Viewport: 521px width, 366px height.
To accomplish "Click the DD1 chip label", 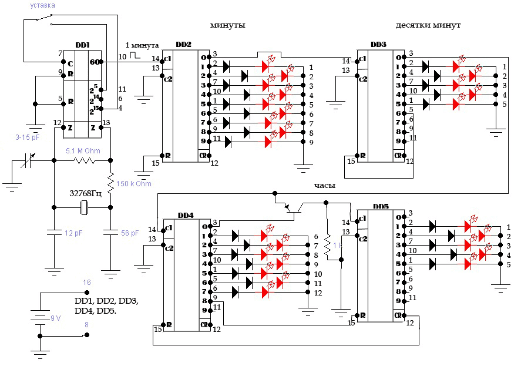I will coord(82,45).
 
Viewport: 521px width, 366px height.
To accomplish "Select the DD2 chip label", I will coord(183,45).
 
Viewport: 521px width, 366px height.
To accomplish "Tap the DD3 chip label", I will coord(378,45).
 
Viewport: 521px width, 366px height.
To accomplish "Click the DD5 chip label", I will coord(381,207).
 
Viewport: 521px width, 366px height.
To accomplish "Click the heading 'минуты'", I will coord(227,26).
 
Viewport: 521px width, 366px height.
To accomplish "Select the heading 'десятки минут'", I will coord(428,26).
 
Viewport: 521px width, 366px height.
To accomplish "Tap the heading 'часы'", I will coord(324,186).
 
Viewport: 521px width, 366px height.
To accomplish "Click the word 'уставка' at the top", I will coord(43,6).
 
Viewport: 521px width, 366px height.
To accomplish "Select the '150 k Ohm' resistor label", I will coord(134,184).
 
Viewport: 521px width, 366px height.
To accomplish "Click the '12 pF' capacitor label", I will coord(73,233).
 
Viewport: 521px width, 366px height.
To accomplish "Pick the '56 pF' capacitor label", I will coord(130,233).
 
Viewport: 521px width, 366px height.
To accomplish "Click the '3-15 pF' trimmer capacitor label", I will coord(28,137).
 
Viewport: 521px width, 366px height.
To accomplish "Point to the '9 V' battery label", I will coord(55,318).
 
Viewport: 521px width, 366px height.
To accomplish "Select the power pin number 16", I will coord(87,283).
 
